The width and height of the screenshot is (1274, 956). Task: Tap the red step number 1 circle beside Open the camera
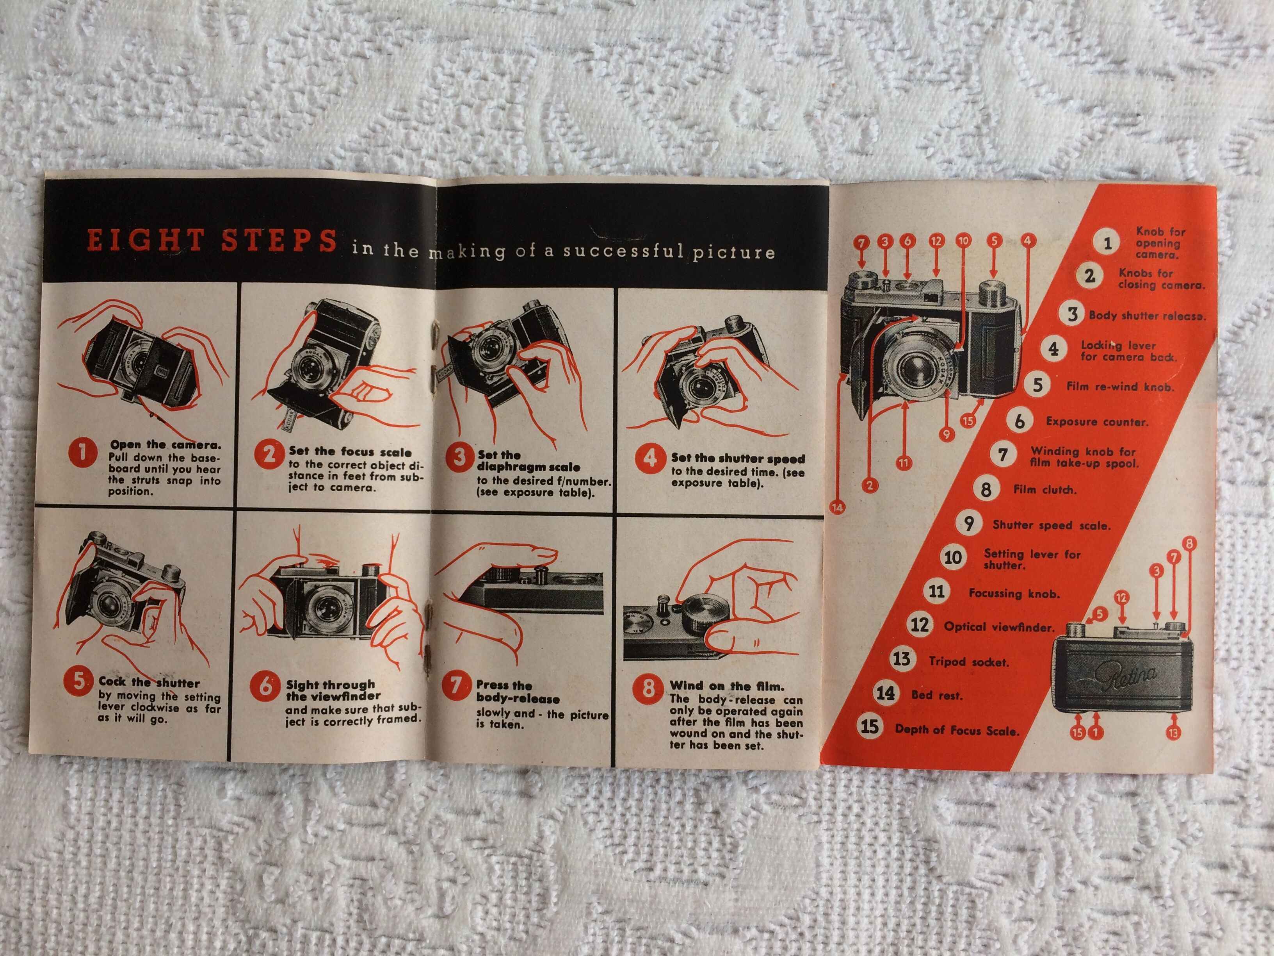pos(83,452)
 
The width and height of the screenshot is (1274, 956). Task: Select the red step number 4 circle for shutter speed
pos(649,458)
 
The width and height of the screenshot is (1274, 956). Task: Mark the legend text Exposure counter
pos(1097,422)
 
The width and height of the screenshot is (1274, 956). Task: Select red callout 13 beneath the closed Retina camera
pos(1173,733)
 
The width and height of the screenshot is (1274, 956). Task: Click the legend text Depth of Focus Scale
pos(957,730)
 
